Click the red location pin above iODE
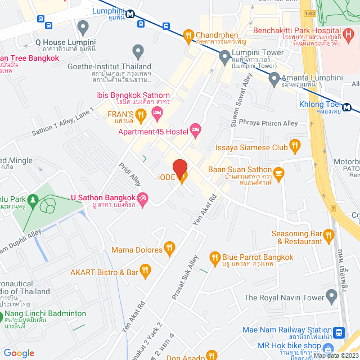(179, 168)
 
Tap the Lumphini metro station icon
(130, 14)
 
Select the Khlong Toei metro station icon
(347, 108)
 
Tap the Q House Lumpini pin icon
(83, 26)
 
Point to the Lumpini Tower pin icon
(224, 56)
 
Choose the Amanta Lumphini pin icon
(274, 80)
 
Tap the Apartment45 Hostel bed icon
(196, 131)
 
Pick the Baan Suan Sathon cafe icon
(278, 172)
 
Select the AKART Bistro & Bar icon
(146, 272)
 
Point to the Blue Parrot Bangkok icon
(214, 258)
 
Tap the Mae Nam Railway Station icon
(339, 332)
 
